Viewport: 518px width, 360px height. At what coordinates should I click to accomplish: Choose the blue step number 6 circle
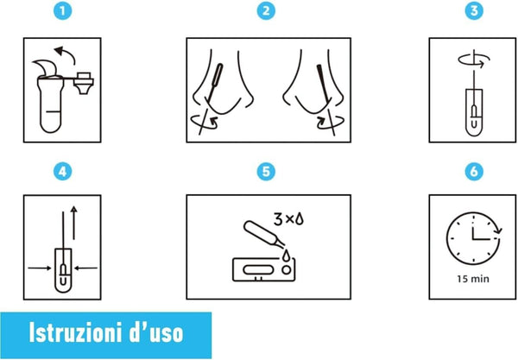[472, 171]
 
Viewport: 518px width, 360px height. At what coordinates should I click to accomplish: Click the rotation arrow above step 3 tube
[472, 60]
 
